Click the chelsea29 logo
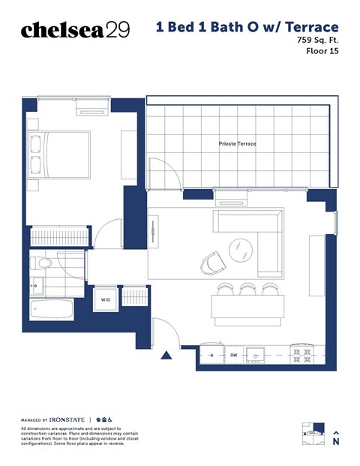click(x=75, y=29)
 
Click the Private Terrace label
click(x=237, y=143)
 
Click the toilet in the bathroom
click(x=43, y=263)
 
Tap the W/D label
click(x=105, y=300)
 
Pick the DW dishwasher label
click(x=233, y=353)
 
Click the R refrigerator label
click(x=211, y=353)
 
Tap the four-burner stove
click(x=301, y=353)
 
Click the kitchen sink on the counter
click(x=257, y=353)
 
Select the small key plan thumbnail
click(x=313, y=434)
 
